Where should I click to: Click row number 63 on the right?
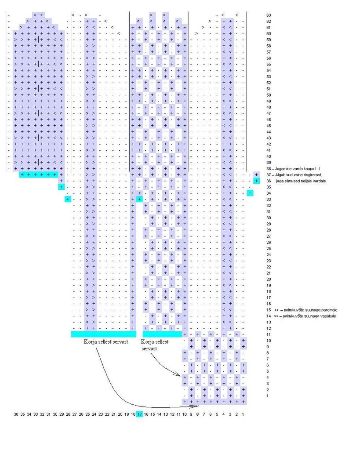[269, 15]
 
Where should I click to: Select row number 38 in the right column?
[269, 169]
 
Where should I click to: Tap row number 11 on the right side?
[269, 335]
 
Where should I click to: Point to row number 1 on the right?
[269, 396]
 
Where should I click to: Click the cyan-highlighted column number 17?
[139, 414]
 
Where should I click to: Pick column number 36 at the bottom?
[16, 414]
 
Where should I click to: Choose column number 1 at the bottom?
[243, 414]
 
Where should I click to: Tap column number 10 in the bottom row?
[185, 414]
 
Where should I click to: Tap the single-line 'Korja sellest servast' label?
[106, 342]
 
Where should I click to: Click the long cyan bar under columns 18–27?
[104, 334]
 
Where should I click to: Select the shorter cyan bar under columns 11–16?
[162, 334]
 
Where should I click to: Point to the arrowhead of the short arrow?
[179, 375]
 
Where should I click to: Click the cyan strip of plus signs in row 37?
[39, 175]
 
